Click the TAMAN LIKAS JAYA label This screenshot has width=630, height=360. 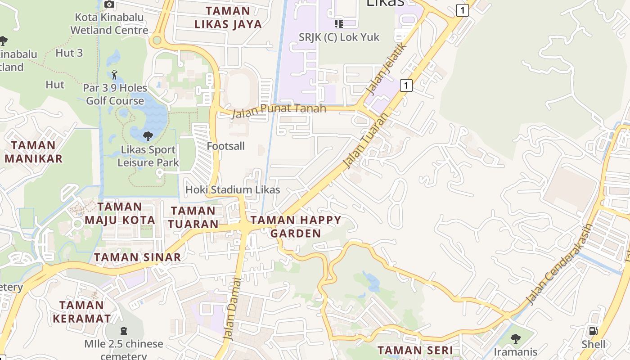pyautogui.click(x=228, y=17)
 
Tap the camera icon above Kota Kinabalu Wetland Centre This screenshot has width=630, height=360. pyautogui.click(x=109, y=4)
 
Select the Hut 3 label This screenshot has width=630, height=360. pyautogui.click(x=69, y=53)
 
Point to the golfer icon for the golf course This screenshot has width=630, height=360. pyautogui.click(x=114, y=74)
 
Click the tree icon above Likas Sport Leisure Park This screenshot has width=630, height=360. pyautogui.click(x=148, y=136)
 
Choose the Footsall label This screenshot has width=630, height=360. pyautogui.click(x=225, y=146)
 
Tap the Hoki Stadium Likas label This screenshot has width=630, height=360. pyautogui.click(x=233, y=189)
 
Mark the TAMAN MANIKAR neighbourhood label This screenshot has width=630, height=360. pyautogui.click(x=33, y=152)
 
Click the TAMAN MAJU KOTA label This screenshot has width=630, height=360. pyautogui.click(x=120, y=213)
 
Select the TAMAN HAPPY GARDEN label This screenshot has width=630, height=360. pyautogui.click(x=296, y=226)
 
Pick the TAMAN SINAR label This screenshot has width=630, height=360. pyautogui.click(x=137, y=257)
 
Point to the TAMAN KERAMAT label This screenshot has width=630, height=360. pyautogui.click(x=82, y=311)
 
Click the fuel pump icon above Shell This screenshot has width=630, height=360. pyautogui.click(x=594, y=331)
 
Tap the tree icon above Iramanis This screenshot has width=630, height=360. pyautogui.click(x=515, y=338)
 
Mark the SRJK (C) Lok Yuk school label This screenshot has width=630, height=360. pyautogui.click(x=339, y=37)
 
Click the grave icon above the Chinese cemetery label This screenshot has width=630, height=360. pyautogui.click(x=124, y=331)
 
